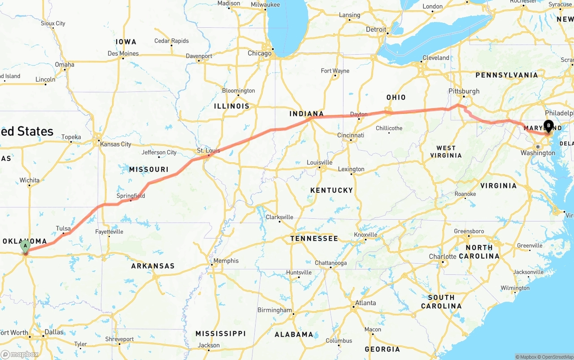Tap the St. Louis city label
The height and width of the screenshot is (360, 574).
click(209, 150)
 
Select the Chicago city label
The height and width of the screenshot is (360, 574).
click(260, 53)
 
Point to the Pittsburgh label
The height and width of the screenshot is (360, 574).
click(464, 91)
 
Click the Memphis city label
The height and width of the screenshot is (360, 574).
click(226, 260)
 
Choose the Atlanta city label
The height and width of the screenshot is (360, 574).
click(365, 303)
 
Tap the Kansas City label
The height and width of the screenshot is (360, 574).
click(116, 144)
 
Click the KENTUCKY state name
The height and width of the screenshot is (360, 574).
click(331, 190)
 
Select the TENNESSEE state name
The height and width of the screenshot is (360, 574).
click(314, 238)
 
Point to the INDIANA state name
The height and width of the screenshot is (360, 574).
click(306, 113)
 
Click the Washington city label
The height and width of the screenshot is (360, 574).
click(538, 153)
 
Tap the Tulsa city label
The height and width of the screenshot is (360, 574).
click(63, 228)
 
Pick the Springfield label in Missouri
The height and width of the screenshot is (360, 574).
click(130, 195)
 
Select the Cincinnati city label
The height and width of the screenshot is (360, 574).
click(351, 135)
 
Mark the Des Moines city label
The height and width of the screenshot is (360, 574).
click(123, 53)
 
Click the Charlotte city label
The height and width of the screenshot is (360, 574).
click(442, 256)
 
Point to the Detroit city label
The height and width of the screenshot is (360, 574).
click(376, 30)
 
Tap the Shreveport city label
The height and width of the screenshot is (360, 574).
click(119, 339)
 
